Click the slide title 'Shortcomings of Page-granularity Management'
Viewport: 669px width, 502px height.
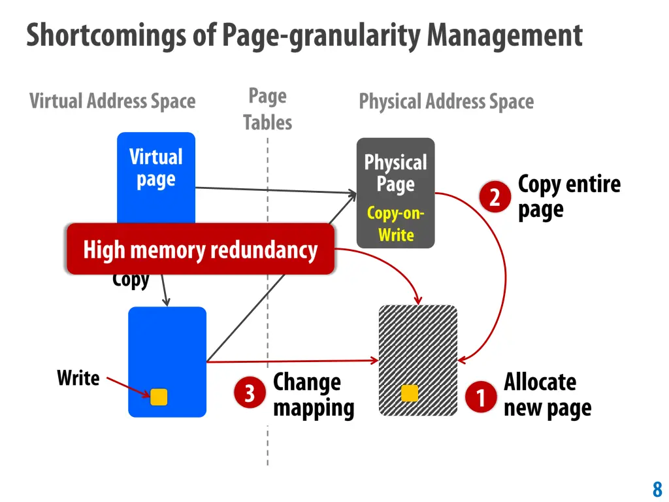click(304, 35)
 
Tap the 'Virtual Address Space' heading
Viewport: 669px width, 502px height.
click(112, 101)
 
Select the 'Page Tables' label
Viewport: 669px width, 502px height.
click(267, 109)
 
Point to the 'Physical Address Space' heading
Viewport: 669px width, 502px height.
click(446, 101)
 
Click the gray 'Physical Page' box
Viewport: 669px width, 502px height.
click(395, 174)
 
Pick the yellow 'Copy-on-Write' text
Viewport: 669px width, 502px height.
click(396, 224)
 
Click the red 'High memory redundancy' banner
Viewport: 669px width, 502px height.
click(200, 249)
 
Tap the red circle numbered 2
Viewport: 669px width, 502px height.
click(495, 197)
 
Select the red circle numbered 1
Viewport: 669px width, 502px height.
click(481, 397)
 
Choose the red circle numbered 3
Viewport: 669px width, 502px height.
click(250, 393)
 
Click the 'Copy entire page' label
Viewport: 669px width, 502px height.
click(568, 197)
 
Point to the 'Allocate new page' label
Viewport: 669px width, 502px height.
click(547, 395)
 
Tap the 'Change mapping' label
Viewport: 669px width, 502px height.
click(313, 395)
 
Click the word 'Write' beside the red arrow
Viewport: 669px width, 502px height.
click(78, 378)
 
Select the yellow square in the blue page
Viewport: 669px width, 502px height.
click(159, 397)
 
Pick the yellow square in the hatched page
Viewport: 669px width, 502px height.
click(410, 393)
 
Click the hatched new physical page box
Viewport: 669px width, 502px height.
click(418, 346)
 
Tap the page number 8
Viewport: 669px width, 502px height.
click(657, 489)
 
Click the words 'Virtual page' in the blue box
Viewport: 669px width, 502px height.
click(155, 168)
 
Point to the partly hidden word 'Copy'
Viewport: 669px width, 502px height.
click(131, 281)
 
